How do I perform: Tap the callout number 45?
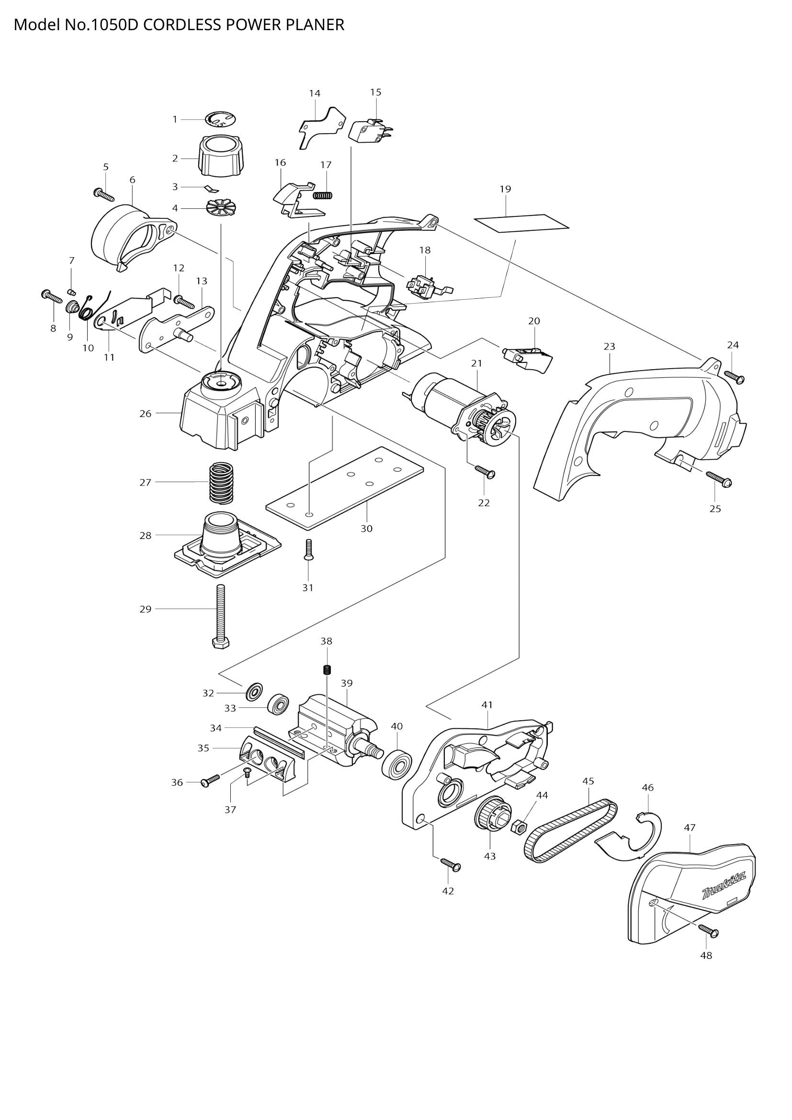(588, 781)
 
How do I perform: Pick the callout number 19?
(505, 189)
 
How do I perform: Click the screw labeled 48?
(709, 930)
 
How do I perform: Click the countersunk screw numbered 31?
(308, 549)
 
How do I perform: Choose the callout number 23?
(609, 346)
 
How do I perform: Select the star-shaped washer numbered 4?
(221, 208)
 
